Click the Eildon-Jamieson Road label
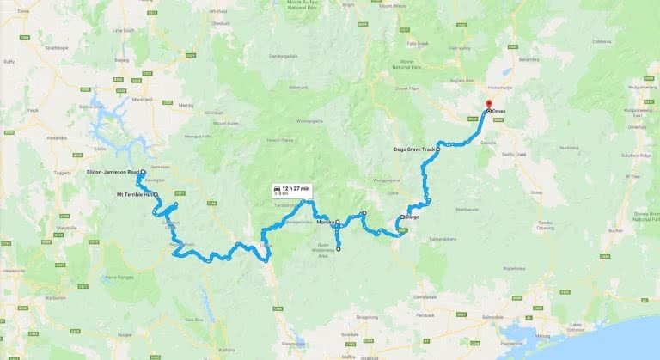pos(117,173)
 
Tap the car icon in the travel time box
pos(277,186)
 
